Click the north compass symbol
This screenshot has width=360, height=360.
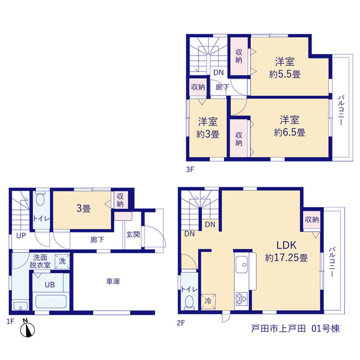pos(28,328)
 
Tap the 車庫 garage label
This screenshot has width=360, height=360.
pos(113,281)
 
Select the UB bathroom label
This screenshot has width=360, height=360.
pos(50,285)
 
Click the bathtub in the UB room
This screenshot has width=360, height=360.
pos(51,301)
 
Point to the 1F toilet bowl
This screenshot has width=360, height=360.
pos(40,199)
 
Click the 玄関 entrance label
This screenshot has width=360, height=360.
pos(133,235)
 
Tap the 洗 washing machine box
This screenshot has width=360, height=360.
pos(62,262)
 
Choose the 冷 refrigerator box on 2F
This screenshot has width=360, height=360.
pos(208,301)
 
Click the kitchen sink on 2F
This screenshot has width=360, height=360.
pos(241,264)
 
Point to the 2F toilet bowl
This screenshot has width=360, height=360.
pos(189,302)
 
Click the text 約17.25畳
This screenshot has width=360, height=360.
pos(286,258)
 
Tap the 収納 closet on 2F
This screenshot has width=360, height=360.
pos(312,220)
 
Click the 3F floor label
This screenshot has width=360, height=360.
pos(190,170)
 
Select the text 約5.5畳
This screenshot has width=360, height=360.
pos(285,74)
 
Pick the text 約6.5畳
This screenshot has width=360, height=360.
pos(290,133)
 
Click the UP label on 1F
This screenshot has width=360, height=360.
pos(21,236)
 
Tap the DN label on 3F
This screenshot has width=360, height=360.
pos(218,73)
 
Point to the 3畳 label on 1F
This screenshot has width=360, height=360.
pos(84,209)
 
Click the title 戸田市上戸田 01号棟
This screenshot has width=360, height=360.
pos(295,328)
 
